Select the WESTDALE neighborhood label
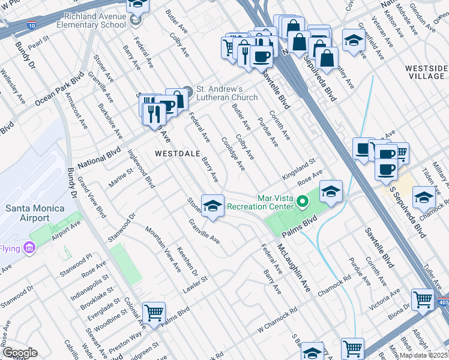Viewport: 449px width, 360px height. click(x=177, y=154)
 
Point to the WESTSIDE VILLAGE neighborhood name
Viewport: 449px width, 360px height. click(x=424, y=72)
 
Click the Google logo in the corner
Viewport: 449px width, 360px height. click(x=19, y=353)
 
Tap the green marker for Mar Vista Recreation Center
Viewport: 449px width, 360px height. click(x=304, y=202)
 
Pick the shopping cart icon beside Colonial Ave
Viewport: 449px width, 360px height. click(x=154, y=313)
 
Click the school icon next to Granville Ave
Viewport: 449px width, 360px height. click(x=212, y=206)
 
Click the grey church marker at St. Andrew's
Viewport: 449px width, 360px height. click(x=188, y=92)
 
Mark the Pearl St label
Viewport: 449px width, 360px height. click(x=38, y=45)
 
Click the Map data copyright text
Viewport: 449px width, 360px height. click(x=423, y=355)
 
